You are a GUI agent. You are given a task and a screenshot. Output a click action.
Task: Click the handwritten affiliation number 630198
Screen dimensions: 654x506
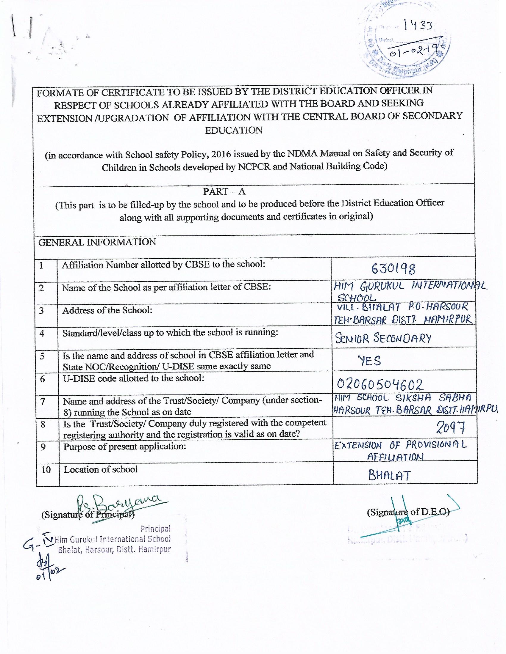393,269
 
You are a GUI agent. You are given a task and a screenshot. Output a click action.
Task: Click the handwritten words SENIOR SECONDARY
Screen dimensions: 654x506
383,338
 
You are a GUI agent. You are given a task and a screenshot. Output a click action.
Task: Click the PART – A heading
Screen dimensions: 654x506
224,191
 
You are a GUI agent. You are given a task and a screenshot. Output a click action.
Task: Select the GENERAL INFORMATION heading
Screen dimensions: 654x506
97,242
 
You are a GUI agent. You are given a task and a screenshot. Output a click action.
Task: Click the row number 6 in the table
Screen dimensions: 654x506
42,379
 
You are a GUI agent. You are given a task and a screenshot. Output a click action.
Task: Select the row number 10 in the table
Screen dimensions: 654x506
46,469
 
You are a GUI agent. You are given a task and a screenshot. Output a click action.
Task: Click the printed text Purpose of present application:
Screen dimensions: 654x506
124,447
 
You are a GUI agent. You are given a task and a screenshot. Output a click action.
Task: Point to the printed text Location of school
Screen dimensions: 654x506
101,469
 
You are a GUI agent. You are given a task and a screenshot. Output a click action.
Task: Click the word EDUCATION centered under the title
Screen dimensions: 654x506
234,130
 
